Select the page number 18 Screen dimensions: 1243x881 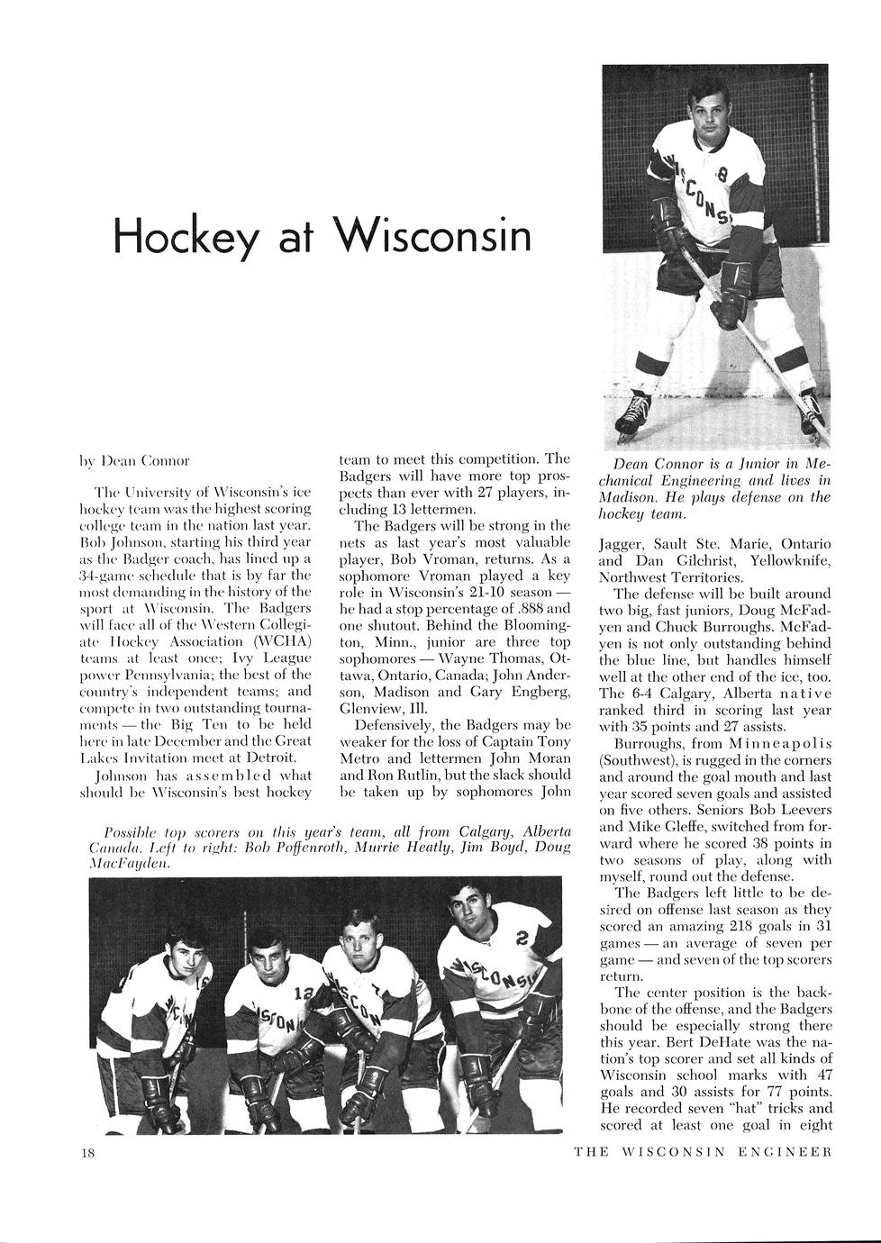87,1153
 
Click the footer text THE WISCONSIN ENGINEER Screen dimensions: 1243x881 702,1152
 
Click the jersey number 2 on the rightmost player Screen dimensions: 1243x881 521,938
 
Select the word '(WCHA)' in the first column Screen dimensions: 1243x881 279,640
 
